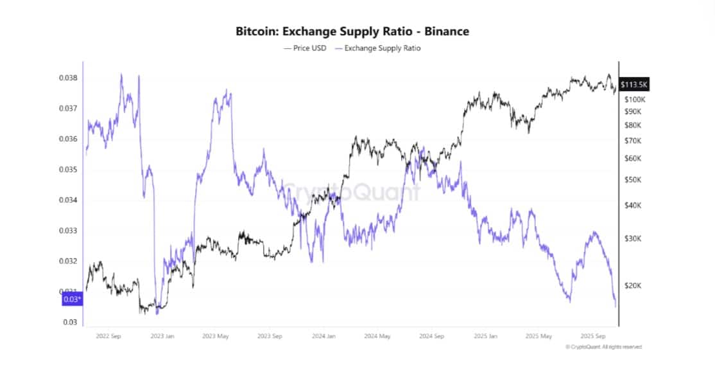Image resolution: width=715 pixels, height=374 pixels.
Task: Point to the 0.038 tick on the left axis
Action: pos(69,78)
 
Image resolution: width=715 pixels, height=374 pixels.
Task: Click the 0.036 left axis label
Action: pos(69,139)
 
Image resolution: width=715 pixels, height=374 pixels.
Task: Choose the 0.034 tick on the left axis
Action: pos(69,200)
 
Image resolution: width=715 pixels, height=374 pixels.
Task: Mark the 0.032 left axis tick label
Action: pos(69,261)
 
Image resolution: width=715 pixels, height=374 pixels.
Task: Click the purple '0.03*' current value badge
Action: pos(72,299)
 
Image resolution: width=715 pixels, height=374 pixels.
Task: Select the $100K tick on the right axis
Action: pos(633,100)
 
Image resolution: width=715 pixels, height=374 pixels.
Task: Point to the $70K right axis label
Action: pos(632,141)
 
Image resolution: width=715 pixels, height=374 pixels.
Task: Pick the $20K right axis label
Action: pos(632,285)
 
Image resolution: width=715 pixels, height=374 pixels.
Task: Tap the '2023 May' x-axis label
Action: pos(215,335)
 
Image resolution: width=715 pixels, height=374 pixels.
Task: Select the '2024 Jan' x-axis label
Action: pos(323,335)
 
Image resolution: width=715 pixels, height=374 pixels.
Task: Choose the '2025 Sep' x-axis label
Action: pos(593,335)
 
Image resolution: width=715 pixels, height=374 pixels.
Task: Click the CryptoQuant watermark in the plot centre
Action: pos(352,191)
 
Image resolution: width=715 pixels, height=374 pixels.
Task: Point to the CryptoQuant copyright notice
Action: pos(603,347)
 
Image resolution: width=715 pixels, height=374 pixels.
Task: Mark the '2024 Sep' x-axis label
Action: pos(431,335)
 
